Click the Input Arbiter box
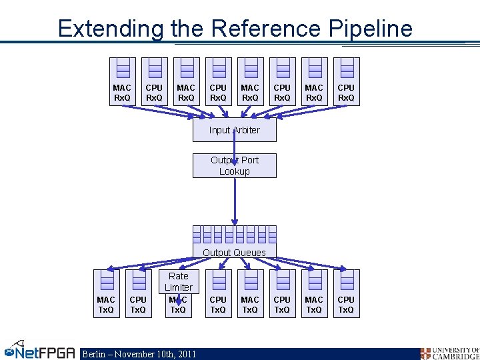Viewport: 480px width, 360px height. tap(234, 130)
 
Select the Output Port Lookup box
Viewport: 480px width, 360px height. tap(234, 165)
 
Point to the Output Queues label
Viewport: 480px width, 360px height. tap(234, 253)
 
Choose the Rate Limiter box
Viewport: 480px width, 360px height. tap(178, 281)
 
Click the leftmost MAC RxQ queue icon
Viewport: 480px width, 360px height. tap(122, 69)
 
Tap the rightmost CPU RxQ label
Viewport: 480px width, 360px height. tap(346, 93)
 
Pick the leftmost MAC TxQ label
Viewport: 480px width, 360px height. tap(106, 305)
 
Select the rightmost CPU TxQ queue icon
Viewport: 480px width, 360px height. tap(346, 281)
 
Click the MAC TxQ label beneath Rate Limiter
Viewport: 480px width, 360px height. tap(178, 306)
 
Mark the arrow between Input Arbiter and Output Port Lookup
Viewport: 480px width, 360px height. tap(234, 148)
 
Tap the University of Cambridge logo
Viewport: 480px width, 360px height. tap(449, 353)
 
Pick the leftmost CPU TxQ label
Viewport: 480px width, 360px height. tap(138, 305)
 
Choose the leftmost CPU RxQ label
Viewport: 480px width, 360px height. tap(154, 93)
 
